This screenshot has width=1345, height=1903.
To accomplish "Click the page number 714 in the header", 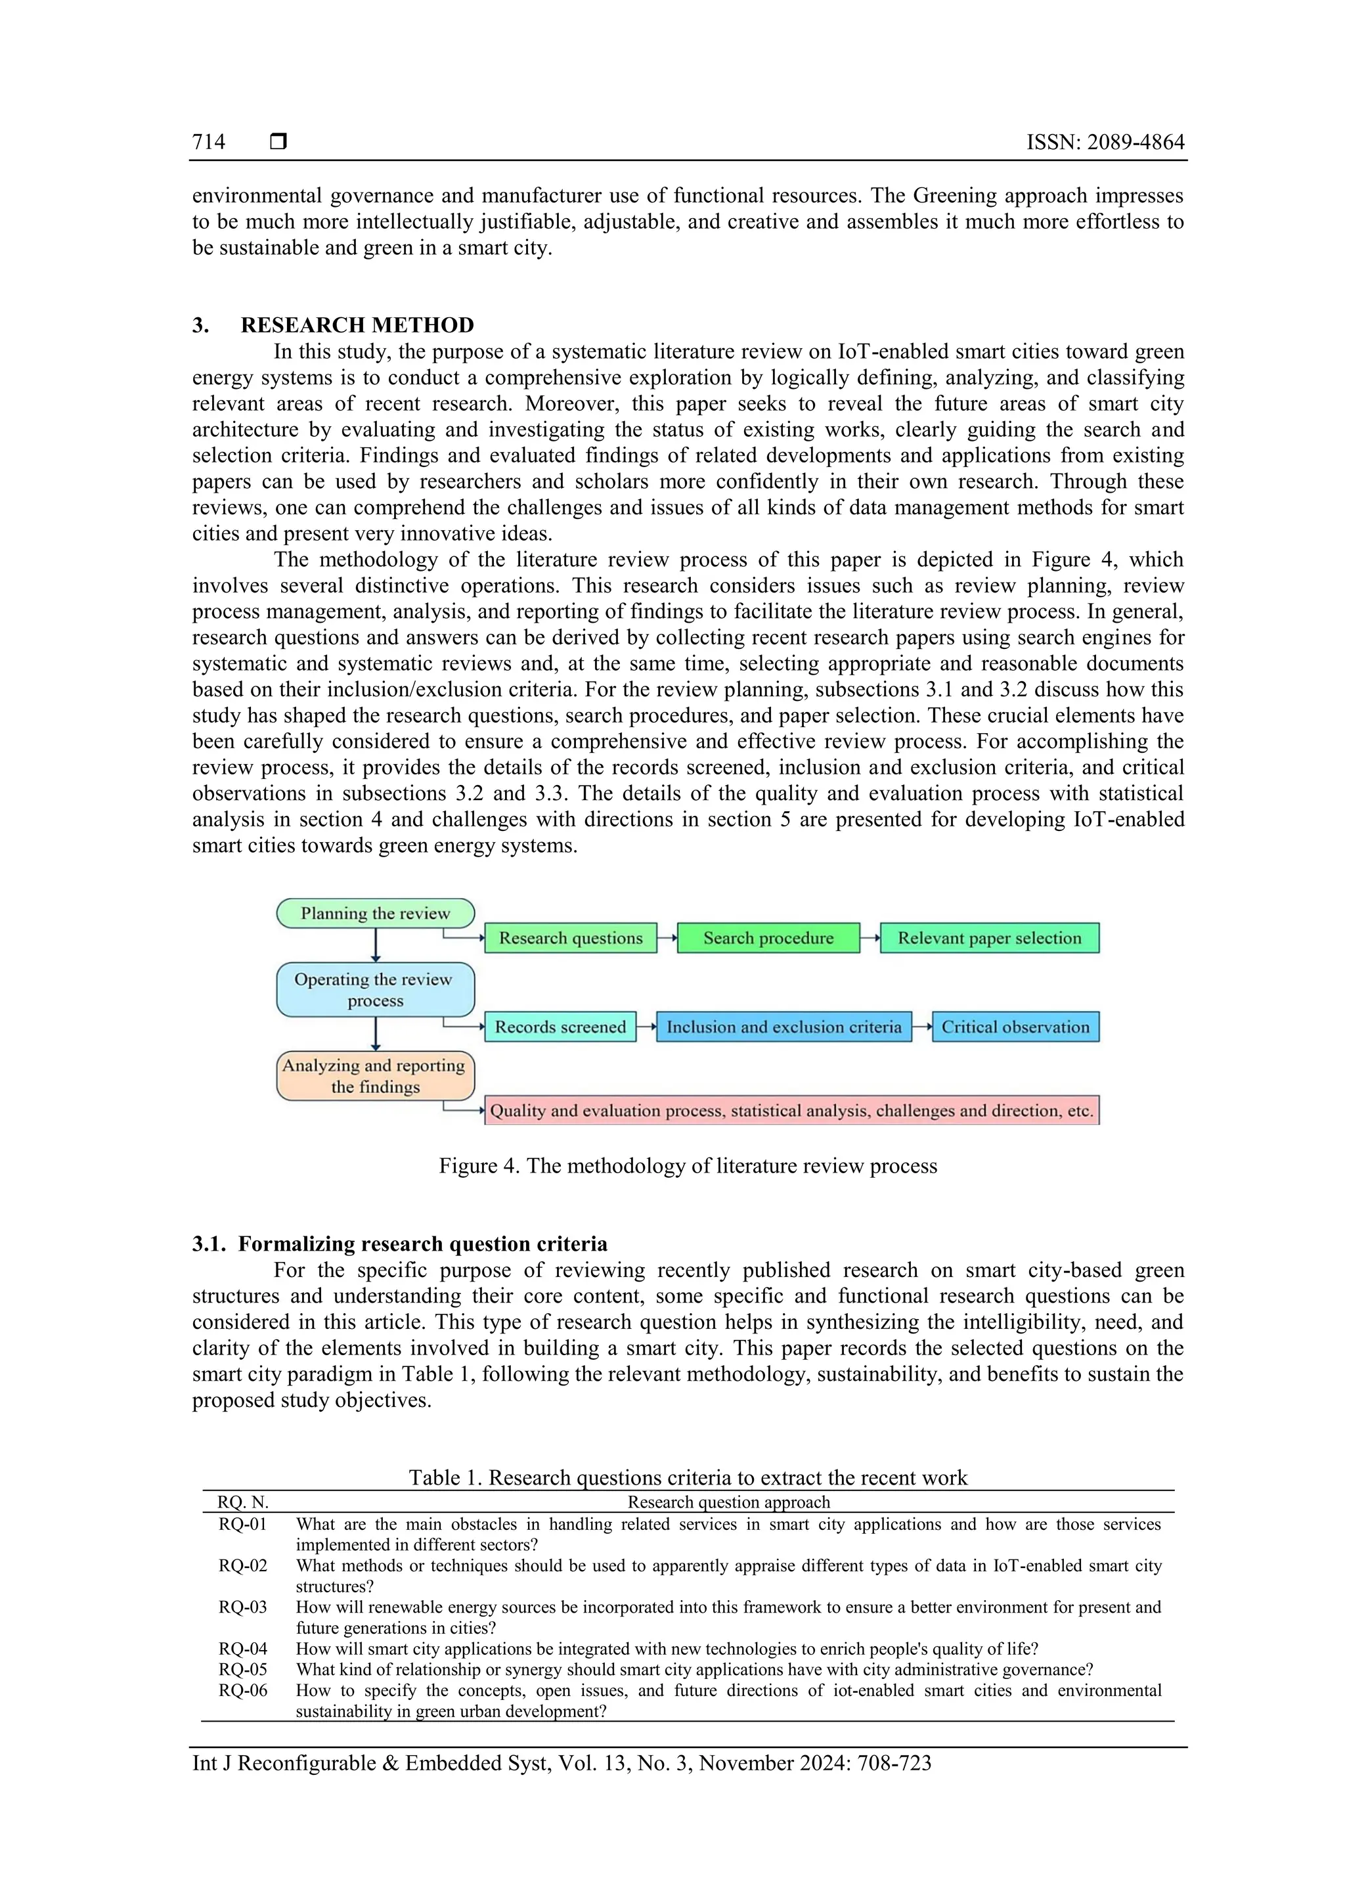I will [x=208, y=142].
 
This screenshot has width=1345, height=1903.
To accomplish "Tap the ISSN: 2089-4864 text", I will [x=1105, y=142].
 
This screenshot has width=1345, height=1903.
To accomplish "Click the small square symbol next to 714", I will [x=278, y=142].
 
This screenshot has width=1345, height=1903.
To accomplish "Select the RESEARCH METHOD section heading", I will [x=357, y=325].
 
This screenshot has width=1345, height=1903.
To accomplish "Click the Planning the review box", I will [x=376, y=913].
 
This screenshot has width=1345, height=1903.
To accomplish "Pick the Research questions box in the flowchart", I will [x=570, y=938].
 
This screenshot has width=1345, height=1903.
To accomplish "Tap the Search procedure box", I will [x=768, y=938].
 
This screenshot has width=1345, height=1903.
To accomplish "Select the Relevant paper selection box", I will [x=990, y=938].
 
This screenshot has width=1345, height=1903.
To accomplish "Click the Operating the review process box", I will [x=376, y=990].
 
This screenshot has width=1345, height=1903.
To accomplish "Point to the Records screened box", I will [x=560, y=1027].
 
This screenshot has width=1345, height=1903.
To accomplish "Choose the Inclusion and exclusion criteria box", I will [x=784, y=1027].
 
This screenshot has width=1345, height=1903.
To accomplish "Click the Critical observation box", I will [x=1015, y=1027].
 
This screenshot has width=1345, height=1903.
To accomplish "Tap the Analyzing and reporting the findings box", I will [x=376, y=1076].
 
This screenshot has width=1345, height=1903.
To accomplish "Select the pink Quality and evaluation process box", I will [x=791, y=1111].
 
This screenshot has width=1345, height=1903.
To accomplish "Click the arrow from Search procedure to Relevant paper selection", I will [x=870, y=938].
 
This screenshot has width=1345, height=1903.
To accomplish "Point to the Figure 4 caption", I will [x=688, y=1166].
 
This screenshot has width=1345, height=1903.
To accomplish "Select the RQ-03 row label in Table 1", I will [x=243, y=1607].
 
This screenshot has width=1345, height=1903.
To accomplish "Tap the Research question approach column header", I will [x=728, y=1502].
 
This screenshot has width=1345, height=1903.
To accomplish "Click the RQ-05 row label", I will [x=243, y=1669].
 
